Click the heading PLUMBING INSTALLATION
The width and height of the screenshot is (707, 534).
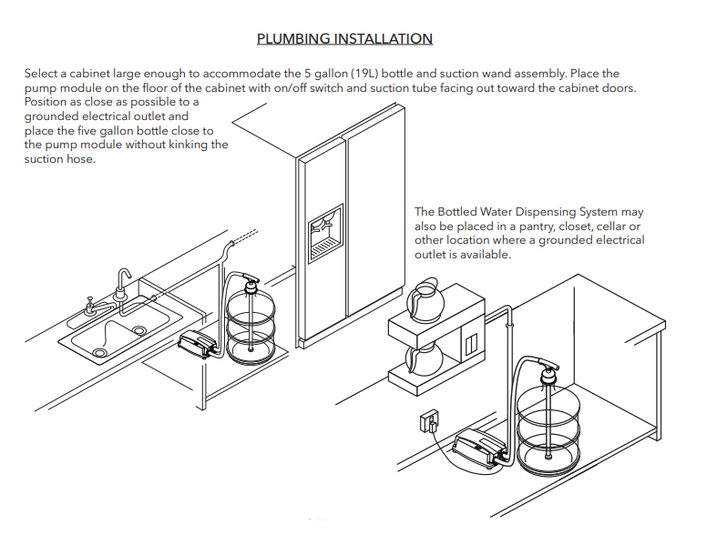[x=344, y=39]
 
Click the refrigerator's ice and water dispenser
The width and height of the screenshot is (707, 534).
[x=325, y=233]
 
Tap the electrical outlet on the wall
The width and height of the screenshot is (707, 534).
[x=426, y=421]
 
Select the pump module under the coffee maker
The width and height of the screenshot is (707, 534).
[x=477, y=448]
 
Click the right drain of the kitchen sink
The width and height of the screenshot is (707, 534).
[x=139, y=330]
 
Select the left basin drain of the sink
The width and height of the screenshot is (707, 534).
[x=99, y=352]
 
